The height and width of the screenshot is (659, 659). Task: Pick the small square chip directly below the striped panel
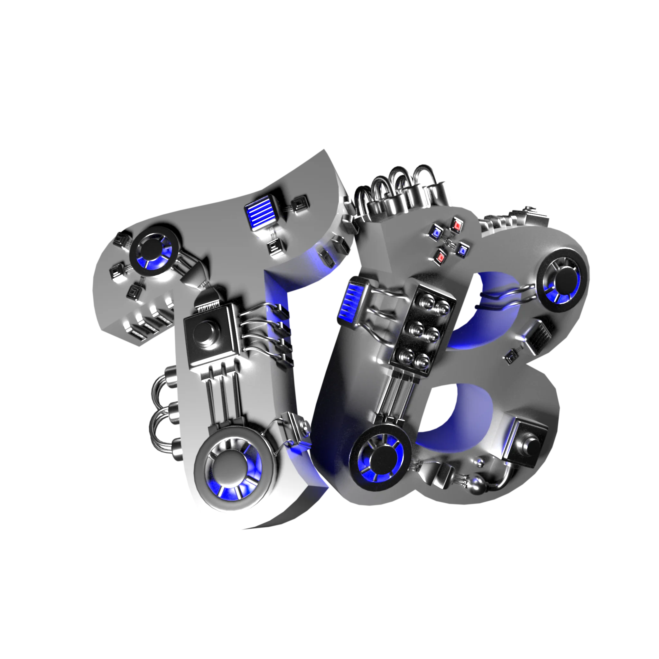(274, 246)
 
